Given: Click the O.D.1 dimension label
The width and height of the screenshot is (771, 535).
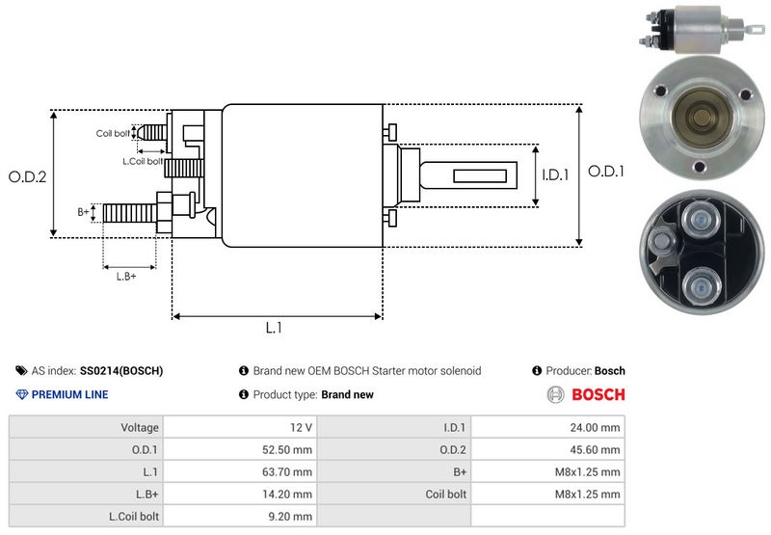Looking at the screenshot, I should [x=607, y=171].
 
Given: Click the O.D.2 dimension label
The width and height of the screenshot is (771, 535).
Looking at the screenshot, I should [x=28, y=176].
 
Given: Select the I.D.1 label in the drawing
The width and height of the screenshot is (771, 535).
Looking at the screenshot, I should [x=556, y=175].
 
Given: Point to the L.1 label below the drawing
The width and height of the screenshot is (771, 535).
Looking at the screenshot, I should [x=274, y=328].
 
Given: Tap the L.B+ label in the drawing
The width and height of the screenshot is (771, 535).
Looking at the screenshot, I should [x=126, y=277].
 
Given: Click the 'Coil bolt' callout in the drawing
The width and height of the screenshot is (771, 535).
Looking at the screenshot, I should [x=113, y=133].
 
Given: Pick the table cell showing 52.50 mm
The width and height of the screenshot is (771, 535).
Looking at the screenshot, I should [x=290, y=449].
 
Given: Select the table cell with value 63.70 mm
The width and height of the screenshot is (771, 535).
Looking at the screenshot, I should [x=290, y=471].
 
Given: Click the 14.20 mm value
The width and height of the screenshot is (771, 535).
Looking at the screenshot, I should [x=290, y=494].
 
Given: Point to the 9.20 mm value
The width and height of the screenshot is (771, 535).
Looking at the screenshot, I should [x=292, y=516].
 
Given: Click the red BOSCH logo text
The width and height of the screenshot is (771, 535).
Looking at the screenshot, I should [x=598, y=394].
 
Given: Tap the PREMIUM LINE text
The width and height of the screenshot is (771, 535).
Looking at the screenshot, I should [x=69, y=394].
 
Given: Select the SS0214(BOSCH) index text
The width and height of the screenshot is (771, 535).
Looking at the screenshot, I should [x=121, y=370].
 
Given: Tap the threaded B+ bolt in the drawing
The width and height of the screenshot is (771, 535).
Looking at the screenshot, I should [x=129, y=212].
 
